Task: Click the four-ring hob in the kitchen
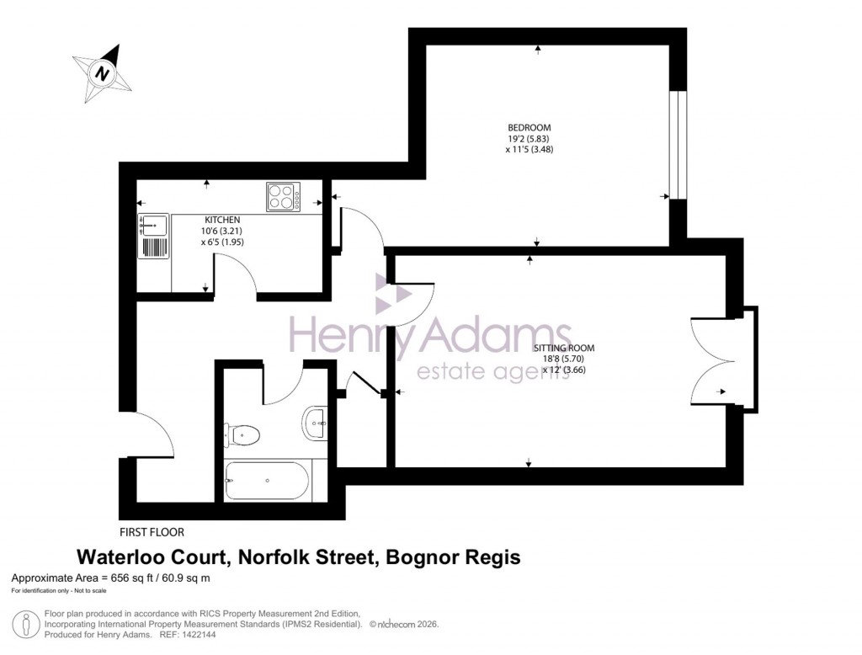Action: coord(285,197)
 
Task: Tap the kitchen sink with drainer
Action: coord(154,236)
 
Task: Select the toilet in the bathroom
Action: coord(241,435)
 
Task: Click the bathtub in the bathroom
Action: coord(267,481)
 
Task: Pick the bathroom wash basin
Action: coord(313,422)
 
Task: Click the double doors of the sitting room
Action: coord(711,362)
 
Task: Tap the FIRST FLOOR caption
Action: coord(152,532)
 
